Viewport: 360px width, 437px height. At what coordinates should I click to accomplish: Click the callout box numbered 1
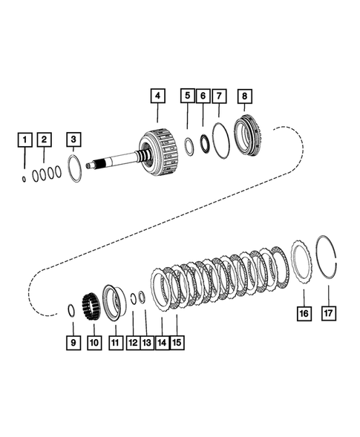click(25, 139)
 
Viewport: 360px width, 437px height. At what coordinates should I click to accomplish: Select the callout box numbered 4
click(157, 96)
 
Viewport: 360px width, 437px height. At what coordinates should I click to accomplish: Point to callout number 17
click(327, 313)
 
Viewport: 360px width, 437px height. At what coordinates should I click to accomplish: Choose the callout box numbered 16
click(303, 313)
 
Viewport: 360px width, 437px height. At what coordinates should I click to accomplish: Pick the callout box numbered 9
click(72, 343)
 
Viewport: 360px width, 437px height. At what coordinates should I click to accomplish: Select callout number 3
click(73, 139)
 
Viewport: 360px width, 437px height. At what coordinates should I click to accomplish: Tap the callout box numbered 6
click(203, 96)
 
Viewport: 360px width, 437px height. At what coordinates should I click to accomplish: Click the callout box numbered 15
click(177, 343)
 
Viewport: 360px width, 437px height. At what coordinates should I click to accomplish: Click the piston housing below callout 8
click(249, 138)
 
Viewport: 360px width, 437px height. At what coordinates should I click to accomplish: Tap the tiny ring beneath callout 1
click(24, 178)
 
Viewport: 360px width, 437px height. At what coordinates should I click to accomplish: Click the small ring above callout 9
click(70, 309)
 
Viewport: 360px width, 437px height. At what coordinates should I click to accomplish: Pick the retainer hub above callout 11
click(115, 303)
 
